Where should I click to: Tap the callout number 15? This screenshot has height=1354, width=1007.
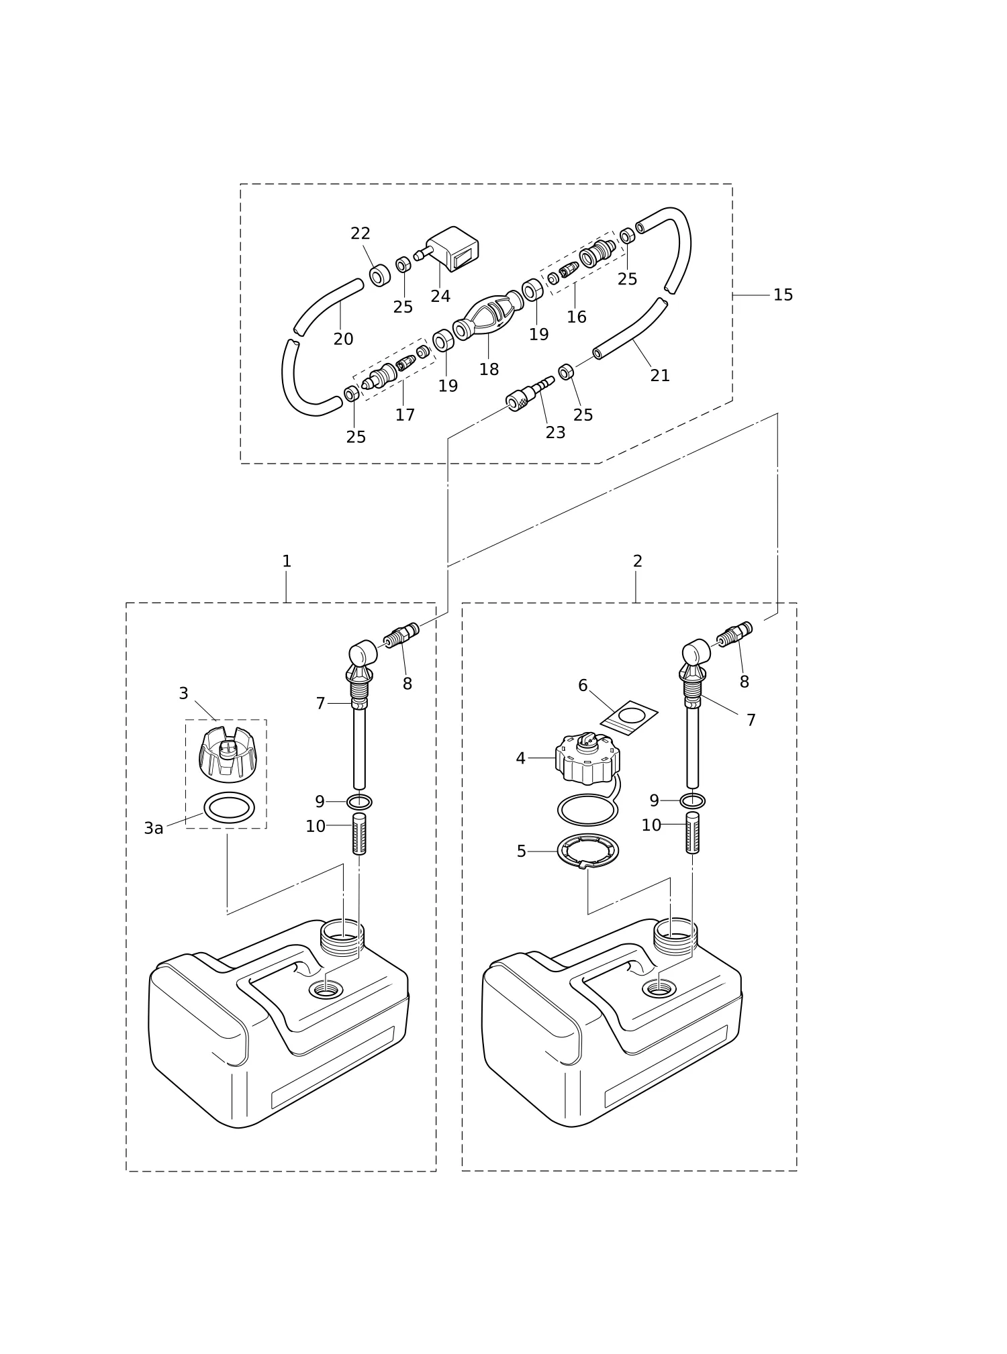(783, 295)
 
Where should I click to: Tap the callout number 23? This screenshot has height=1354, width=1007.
(555, 433)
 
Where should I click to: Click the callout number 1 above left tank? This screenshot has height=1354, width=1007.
(287, 561)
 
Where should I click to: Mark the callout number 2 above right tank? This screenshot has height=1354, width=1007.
(637, 561)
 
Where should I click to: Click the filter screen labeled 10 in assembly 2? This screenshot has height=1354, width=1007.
(692, 832)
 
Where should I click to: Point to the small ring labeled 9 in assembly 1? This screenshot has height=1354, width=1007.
(359, 801)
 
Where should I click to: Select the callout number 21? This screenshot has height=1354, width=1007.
(660, 376)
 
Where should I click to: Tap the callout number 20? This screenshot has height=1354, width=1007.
(343, 340)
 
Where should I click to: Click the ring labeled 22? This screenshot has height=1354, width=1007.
(380, 274)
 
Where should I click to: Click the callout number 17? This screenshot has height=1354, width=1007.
(405, 415)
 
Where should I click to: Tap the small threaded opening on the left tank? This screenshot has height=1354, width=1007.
(325, 989)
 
